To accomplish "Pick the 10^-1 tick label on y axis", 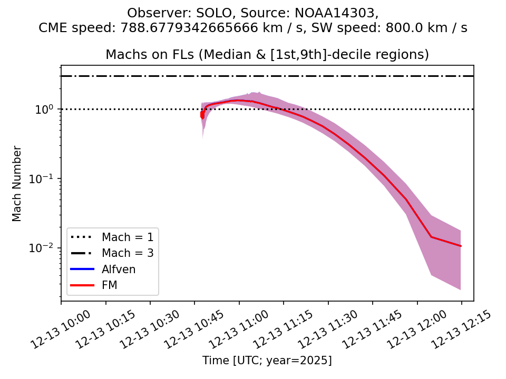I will coord(44,179).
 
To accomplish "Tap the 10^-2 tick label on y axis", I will coord(44,248).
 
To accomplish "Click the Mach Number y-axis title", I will coord(17,184).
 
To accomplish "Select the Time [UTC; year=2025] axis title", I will coord(267,361).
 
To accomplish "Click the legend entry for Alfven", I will coord(119,270).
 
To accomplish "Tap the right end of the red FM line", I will coord(461,246).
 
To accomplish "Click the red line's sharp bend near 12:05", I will coord(431,237).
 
